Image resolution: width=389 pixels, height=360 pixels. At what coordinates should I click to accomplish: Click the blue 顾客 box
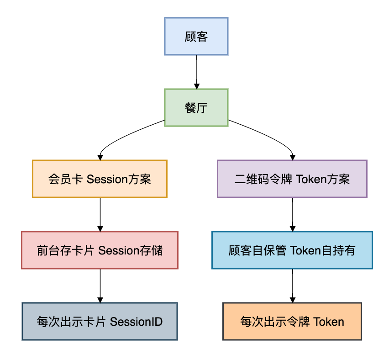pos(196,37)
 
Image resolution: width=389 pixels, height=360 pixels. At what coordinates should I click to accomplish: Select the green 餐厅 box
pos(196,108)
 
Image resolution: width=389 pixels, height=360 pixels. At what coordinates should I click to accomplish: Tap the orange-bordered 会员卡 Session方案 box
pos(100,179)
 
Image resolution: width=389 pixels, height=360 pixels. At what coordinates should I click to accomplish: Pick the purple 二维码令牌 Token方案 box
pos(292,179)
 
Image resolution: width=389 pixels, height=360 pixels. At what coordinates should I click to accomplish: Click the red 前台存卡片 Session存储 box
pos(100,250)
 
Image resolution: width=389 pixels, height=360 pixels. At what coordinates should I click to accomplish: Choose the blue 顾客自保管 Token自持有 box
pos(292,250)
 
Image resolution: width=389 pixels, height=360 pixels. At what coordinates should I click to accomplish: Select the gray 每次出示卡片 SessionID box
pos(100,321)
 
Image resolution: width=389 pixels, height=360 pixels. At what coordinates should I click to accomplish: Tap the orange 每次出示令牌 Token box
pos(292,321)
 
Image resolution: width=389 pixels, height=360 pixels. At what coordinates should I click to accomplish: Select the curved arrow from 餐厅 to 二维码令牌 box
pos(269,137)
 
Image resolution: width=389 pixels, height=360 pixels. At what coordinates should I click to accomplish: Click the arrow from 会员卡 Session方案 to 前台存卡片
pos(100,214)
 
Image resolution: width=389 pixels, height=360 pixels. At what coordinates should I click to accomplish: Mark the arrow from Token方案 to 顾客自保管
pos(292,214)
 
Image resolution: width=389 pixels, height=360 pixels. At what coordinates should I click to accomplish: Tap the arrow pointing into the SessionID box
pos(100,286)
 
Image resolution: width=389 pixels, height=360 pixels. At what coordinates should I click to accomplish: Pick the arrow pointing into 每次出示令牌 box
pos(292,286)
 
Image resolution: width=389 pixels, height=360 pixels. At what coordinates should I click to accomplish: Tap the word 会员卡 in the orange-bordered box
pos(65,179)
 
